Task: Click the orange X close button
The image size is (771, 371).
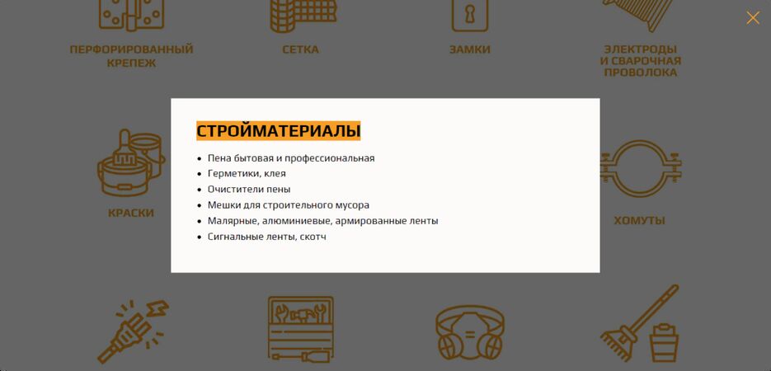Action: click(x=753, y=17)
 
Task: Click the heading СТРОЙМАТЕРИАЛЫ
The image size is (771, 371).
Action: click(x=278, y=131)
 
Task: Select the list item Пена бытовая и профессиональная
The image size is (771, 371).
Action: click(x=290, y=158)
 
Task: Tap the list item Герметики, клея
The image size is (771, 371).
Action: click(x=247, y=174)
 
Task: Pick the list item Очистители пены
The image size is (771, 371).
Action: click(x=249, y=190)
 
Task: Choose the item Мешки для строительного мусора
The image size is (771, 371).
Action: click(x=288, y=205)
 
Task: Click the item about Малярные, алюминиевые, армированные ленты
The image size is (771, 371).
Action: click(x=322, y=221)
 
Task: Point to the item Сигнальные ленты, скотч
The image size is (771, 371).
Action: click(x=266, y=237)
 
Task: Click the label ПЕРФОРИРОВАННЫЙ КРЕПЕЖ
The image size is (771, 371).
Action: click(x=131, y=56)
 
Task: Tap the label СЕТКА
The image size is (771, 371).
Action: click(x=300, y=49)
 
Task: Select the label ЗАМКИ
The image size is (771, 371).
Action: click(x=470, y=49)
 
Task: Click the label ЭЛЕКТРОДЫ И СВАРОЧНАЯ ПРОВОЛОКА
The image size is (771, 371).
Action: click(x=640, y=60)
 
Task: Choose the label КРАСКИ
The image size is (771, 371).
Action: click(x=131, y=213)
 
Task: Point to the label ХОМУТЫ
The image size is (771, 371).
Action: click(x=639, y=220)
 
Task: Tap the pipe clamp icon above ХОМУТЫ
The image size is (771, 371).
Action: click(x=640, y=167)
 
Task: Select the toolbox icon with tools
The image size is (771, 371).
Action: click(x=301, y=328)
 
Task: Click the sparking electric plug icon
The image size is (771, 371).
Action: click(x=132, y=330)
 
